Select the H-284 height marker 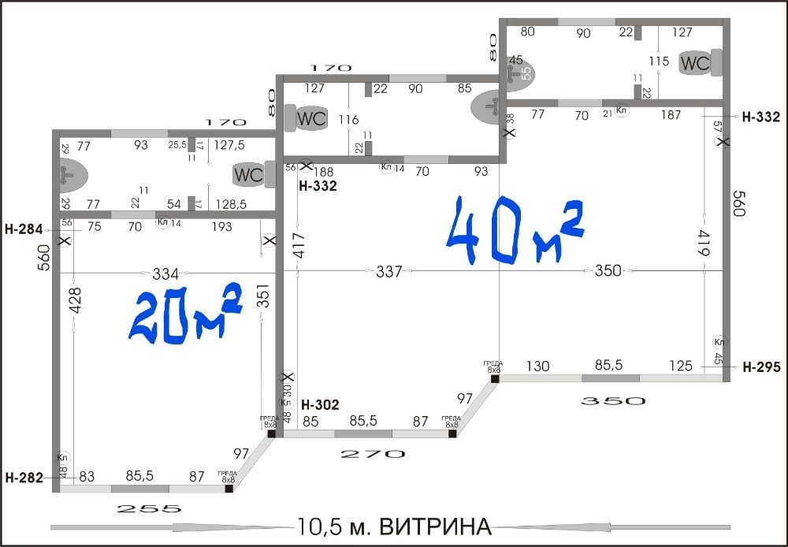tap(24, 231)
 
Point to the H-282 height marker tap(24, 477)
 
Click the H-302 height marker tap(320, 405)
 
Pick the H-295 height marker tap(761, 367)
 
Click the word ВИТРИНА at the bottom tap(442, 526)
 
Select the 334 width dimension tap(165, 273)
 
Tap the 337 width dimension tap(389, 272)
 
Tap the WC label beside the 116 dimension tap(311, 120)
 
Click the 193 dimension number tap(222, 227)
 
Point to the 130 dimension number tap(538, 366)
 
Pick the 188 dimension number tap(325, 172)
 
